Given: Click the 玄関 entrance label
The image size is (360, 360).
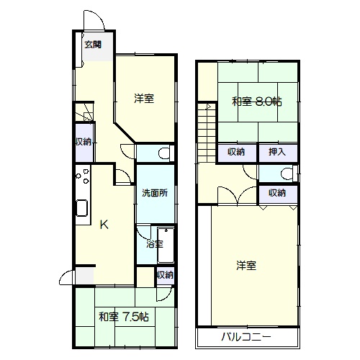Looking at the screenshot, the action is point(93,45).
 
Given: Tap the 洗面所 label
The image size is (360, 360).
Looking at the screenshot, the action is point(155,193).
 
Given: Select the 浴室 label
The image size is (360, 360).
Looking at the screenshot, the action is point(155,244).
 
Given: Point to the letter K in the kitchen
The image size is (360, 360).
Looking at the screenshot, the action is point(104,225).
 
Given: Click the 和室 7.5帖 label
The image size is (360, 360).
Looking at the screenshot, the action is point(124,317).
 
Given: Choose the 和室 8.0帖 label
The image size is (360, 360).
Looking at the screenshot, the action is point(257,102).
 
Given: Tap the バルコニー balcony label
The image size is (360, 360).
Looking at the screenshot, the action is point(246,337).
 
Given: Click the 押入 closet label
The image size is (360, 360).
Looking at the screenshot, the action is point(277,152).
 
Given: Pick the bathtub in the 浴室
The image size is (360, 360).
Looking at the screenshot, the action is point(166,245).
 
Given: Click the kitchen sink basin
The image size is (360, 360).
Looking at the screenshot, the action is point(82,208).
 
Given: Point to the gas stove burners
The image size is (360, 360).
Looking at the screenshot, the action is point(83,176).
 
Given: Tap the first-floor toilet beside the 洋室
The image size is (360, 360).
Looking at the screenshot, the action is point(165,153).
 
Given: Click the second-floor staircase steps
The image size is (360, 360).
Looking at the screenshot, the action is point(207,132).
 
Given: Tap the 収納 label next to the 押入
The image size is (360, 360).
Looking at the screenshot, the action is point(236,152).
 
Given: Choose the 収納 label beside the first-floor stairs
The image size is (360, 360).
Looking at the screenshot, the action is point(84,142).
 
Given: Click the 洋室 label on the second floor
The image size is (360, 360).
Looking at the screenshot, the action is point(246,266).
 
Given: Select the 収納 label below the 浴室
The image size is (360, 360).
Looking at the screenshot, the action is point(165,275).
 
